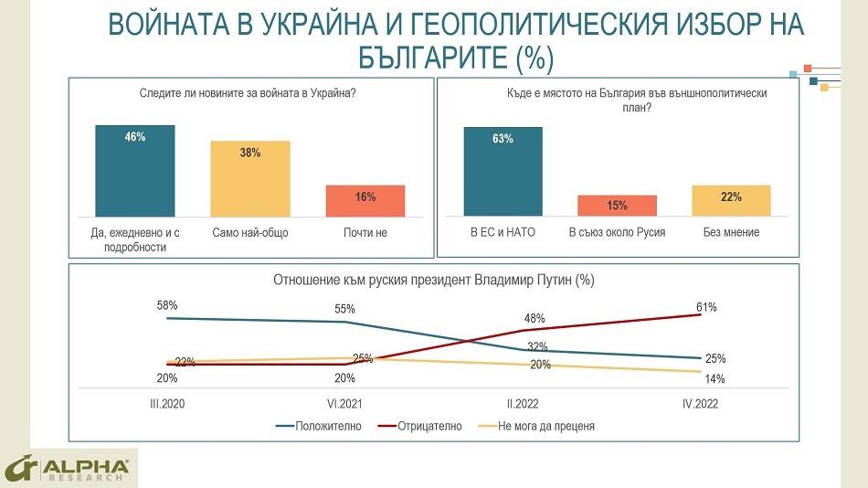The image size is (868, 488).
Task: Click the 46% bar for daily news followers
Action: pyautogui.click(x=135, y=171)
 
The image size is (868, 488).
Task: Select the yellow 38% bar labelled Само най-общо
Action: pyautogui.click(x=250, y=178)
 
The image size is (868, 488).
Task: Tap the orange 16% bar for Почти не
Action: pyautogui.click(x=365, y=200)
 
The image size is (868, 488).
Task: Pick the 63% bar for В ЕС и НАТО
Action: pyautogui.click(x=503, y=172)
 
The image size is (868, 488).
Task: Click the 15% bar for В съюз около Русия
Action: pyautogui.click(x=618, y=206)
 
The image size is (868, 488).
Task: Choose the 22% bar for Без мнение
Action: pyautogui.click(x=731, y=200)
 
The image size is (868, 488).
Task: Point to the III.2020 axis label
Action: pyautogui.click(x=167, y=404)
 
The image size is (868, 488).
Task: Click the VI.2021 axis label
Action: pyautogui.click(x=344, y=404)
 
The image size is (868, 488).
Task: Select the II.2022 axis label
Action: pyautogui.click(x=523, y=404)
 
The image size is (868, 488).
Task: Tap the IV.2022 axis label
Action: pyautogui.click(x=700, y=404)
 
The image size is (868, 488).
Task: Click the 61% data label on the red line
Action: pyautogui.click(x=706, y=307)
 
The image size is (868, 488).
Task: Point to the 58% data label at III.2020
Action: pyautogui.click(x=167, y=305)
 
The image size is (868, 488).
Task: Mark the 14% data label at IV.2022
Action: pyautogui.click(x=715, y=378)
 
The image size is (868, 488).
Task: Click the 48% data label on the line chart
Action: pyautogui.click(x=535, y=319)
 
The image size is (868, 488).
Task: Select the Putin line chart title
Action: pyautogui.click(x=434, y=281)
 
